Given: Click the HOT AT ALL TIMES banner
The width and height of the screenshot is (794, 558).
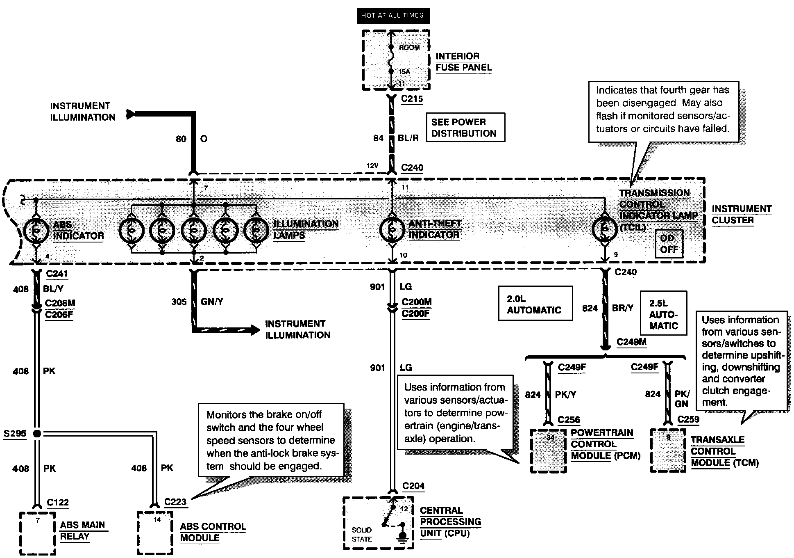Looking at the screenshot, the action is pyautogui.click(x=392, y=16).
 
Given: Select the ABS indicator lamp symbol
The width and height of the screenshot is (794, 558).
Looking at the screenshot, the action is pyautogui.click(x=36, y=231).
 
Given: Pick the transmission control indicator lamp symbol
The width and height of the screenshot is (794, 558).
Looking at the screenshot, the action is pyautogui.click(x=604, y=230).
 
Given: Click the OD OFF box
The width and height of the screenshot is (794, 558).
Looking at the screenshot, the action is pyautogui.click(x=669, y=244).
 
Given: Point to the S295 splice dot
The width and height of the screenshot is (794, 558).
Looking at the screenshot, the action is pyautogui.click(x=37, y=433).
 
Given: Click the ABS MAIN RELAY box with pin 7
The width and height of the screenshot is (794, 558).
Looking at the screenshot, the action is pyautogui.click(x=37, y=533).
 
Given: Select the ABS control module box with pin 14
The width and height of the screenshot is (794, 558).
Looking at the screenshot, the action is pyautogui.click(x=155, y=533).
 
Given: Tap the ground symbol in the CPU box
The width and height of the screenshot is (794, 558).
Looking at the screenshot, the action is pyautogui.click(x=403, y=535).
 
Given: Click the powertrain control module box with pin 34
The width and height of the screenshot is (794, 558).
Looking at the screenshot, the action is pyautogui.click(x=549, y=451).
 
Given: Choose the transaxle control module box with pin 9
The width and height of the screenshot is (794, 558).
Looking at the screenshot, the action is pyautogui.click(x=668, y=451).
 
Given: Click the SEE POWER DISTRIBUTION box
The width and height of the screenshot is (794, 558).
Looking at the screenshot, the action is pyautogui.click(x=465, y=128).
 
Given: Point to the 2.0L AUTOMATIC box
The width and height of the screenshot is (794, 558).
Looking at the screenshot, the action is pyautogui.click(x=535, y=304).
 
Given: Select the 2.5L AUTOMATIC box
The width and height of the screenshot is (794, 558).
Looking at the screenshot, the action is pyautogui.click(x=663, y=313).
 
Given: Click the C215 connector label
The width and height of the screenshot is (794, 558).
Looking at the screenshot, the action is pyautogui.click(x=412, y=99).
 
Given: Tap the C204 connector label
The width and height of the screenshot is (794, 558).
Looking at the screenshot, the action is pyautogui.click(x=414, y=486).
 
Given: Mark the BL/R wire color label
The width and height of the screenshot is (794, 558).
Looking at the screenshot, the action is pyautogui.click(x=408, y=138).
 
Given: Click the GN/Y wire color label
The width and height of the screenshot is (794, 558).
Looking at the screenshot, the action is pyautogui.click(x=212, y=302).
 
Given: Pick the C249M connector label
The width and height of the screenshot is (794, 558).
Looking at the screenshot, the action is pyautogui.click(x=631, y=342).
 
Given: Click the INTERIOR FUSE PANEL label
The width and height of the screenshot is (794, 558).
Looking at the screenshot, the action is pyautogui.click(x=463, y=62).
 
